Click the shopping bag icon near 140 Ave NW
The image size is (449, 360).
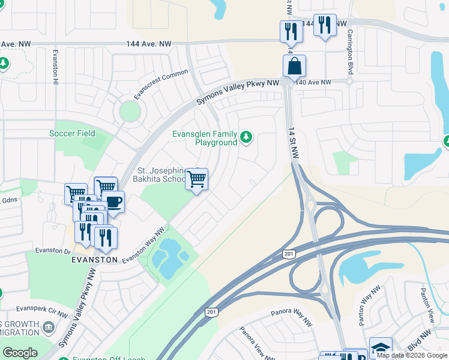(x=294, y=67)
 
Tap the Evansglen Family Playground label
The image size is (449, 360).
(x=205, y=139)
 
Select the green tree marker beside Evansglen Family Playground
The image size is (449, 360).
(x=246, y=138)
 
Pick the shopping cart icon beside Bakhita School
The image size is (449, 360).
(x=196, y=179)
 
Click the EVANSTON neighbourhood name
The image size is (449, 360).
(x=94, y=260)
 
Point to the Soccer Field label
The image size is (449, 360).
(x=72, y=133)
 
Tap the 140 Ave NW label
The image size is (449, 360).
(x=317, y=82)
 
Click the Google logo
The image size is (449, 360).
(x=20, y=353)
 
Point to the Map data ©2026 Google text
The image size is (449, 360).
(x=412, y=355)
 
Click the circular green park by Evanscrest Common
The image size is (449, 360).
(x=129, y=111)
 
